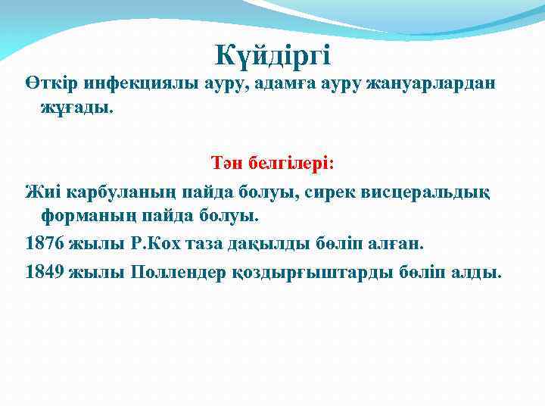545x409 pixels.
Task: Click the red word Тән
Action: tap(226, 164)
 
